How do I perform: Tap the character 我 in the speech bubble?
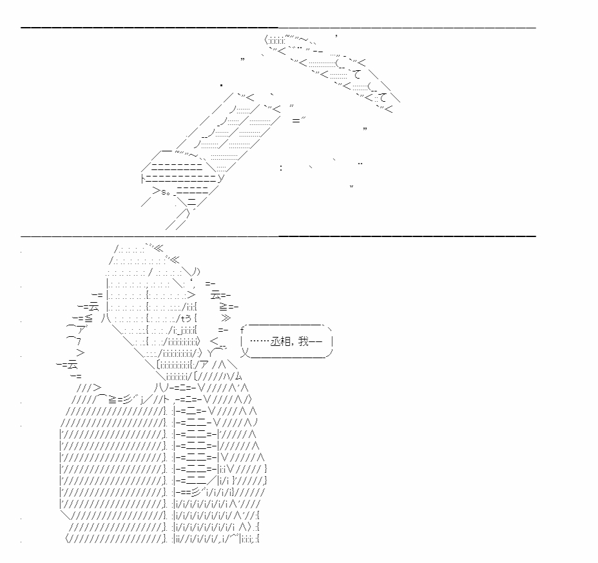point(304,341)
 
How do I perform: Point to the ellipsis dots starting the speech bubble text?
point(259,341)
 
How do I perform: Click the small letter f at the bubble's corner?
point(242,330)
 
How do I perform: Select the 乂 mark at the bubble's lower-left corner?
point(246,353)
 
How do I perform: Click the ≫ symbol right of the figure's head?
point(226,318)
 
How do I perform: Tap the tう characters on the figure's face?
point(186,318)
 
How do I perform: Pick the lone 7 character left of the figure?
point(79,341)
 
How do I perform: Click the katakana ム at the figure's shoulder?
point(238,377)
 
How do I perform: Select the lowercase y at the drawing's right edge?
point(221,178)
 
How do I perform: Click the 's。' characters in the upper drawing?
point(166,192)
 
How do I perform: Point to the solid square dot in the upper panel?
point(221,86)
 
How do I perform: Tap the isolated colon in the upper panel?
point(281,167)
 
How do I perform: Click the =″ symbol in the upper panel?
point(298,120)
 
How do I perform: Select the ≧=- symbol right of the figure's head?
point(229,307)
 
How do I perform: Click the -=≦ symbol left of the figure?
point(82,318)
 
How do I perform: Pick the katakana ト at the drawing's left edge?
point(143,178)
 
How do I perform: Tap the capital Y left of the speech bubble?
point(211,353)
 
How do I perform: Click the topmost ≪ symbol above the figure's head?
point(159,249)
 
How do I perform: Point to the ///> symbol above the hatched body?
point(89,388)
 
